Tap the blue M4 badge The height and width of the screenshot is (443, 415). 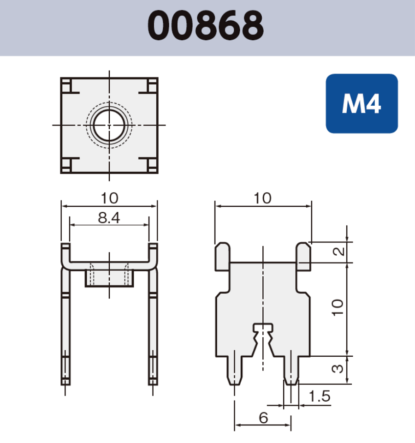[362, 104]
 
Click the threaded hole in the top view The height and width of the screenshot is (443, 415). [109, 125]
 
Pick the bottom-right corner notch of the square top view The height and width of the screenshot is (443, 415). [151, 164]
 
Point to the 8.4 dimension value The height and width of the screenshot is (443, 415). [109, 218]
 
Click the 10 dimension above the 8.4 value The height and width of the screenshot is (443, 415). [109, 198]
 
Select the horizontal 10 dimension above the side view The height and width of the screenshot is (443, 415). [262, 198]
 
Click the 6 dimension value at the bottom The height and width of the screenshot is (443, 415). [263, 418]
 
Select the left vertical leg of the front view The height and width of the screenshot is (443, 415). [65, 323]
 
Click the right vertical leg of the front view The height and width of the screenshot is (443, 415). [153, 323]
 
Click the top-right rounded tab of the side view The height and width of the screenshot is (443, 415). [303, 256]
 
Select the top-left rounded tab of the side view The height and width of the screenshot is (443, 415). [222, 256]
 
